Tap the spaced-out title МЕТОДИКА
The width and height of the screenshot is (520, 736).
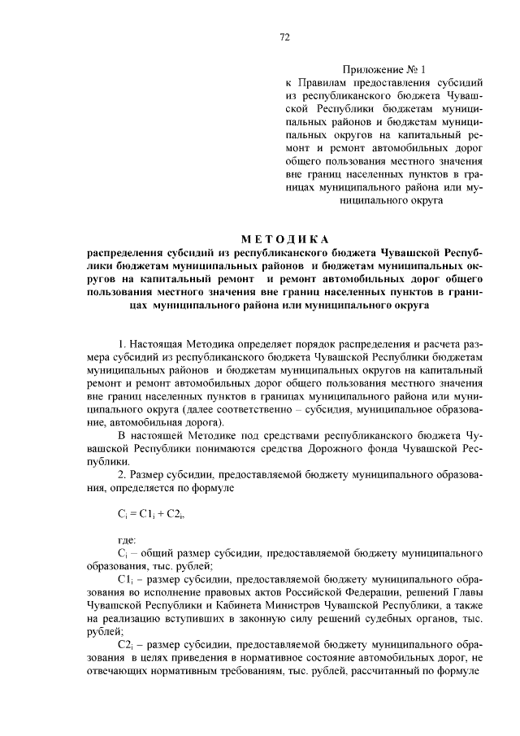click(x=284, y=238)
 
